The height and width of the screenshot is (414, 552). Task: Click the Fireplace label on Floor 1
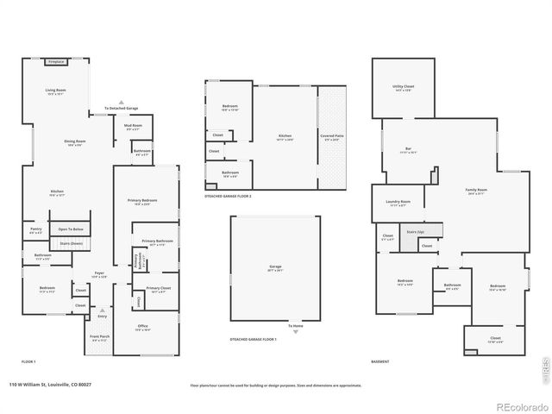[x=57, y=62]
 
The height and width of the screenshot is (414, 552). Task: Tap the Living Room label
[x=55, y=90]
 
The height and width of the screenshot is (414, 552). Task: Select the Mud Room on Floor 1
[x=133, y=126]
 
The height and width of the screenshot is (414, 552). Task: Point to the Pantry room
[x=35, y=231]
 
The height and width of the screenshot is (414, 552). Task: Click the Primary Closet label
[x=158, y=289]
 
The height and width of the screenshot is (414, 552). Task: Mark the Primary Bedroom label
[x=145, y=202]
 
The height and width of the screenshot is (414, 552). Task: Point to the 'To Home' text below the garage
[x=297, y=326]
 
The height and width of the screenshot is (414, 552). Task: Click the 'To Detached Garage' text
[x=121, y=108]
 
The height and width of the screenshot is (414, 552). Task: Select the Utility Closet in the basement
[x=403, y=88]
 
